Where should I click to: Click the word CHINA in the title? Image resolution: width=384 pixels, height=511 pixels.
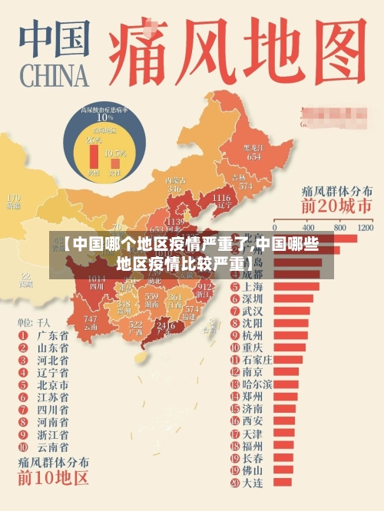pyautogui.click(x=51, y=76)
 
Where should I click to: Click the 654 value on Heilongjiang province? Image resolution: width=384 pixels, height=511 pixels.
pyautogui.click(x=253, y=157)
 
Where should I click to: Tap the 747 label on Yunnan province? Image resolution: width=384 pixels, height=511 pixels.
pyautogui.click(x=91, y=318)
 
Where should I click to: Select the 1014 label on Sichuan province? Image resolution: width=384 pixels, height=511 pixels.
pyautogui.click(x=97, y=279)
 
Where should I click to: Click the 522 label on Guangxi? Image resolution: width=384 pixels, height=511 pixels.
pyautogui.click(x=136, y=325)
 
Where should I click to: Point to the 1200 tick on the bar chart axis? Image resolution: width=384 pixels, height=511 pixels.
pyautogui.click(x=365, y=228)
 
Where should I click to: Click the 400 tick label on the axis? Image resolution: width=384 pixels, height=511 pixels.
pyautogui.click(x=308, y=228)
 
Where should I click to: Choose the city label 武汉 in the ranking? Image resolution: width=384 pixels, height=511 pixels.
pyautogui.click(x=252, y=311)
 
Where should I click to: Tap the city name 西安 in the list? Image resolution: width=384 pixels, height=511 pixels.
pyautogui.click(x=252, y=421)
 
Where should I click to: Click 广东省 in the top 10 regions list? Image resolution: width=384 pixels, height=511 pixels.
pyautogui.click(x=53, y=335)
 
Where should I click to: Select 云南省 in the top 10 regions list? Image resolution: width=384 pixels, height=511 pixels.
pyautogui.click(x=53, y=446)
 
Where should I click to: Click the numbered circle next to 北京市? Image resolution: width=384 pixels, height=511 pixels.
pyautogui.click(x=24, y=384)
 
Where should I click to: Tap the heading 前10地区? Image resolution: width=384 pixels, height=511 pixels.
pyautogui.click(x=54, y=479)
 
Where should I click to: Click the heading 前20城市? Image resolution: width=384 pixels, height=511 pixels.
pyautogui.click(x=337, y=206)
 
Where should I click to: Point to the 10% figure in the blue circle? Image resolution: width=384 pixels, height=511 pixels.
pyautogui.click(x=104, y=117)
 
